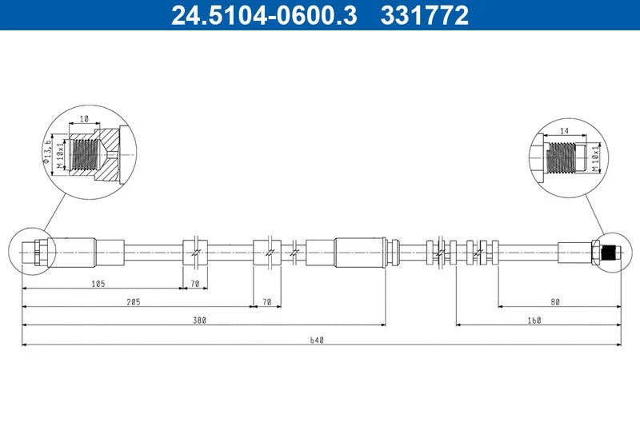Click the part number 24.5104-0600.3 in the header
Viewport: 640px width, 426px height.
point(264,15)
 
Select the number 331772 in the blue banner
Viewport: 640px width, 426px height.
point(425,15)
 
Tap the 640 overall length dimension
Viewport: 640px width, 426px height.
point(317,340)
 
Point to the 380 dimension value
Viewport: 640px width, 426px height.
point(199,320)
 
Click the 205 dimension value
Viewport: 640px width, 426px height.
point(134,302)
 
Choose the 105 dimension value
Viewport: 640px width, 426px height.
point(98,284)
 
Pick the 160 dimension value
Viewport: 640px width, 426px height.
point(534,320)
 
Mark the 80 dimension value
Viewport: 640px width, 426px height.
point(555,302)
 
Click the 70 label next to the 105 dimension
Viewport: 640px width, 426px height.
point(195,284)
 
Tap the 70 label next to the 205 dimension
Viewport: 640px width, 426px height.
point(267,302)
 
